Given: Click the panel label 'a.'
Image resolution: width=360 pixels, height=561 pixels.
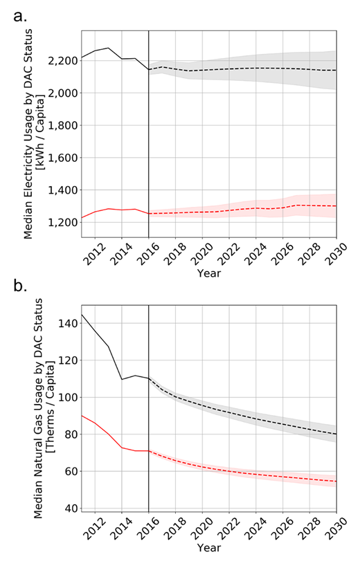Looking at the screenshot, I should click(x=20, y=16).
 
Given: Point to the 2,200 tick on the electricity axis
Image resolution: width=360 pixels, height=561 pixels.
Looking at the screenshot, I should click(x=60, y=61).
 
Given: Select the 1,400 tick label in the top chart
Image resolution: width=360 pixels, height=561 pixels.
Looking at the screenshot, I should click(x=60, y=190).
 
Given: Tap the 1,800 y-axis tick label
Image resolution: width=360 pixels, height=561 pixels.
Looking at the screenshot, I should click(x=60, y=125).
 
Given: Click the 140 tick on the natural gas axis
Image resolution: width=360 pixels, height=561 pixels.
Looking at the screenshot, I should click(x=66, y=323).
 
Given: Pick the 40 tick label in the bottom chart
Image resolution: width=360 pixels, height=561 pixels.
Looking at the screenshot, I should click(x=69, y=508).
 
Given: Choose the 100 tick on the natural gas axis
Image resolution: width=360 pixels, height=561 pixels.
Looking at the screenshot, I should click(x=66, y=397).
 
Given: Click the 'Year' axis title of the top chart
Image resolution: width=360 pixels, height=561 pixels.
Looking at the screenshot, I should click(x=208, y=273).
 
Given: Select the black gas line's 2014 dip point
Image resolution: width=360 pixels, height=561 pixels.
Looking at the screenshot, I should click(x=122, y=379).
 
